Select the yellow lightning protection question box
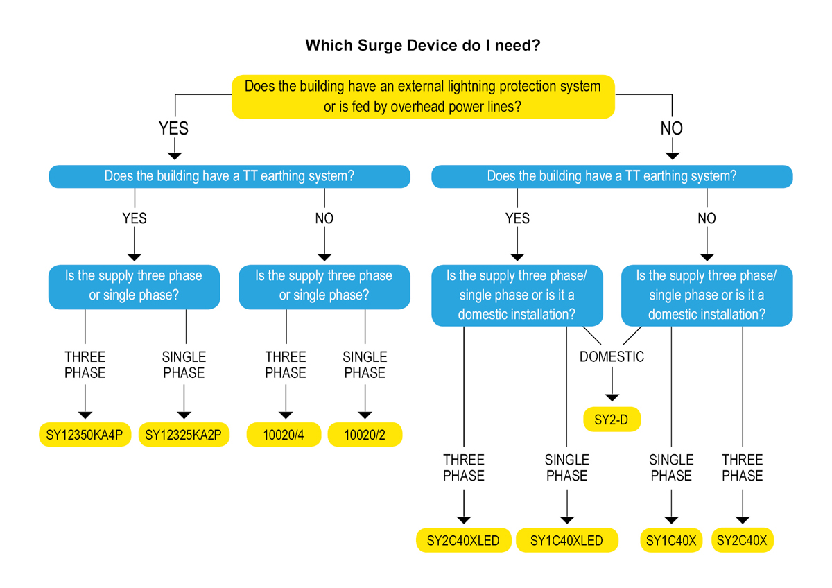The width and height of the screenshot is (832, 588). tap(423, 96)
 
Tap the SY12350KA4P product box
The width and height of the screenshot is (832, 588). tap(85, 435)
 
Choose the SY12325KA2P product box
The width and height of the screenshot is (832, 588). tap(184, 435)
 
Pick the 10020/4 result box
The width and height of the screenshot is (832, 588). tap(284, 435)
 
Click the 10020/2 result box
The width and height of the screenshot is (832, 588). tap(365, 435)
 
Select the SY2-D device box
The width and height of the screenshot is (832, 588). tap(612, 420)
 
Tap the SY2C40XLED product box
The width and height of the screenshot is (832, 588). tap(463, 540)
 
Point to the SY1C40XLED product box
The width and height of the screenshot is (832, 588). tap(566, 540)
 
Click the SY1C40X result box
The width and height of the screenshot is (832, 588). tap(671, 540)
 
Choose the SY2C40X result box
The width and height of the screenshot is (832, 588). tap(742, 540)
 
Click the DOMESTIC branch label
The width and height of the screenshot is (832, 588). tap(612, 356)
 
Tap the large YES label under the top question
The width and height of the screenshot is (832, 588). tap(173, 128)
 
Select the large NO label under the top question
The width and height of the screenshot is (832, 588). tap(671, 128)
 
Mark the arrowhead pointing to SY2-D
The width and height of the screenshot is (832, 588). tap(612, 397)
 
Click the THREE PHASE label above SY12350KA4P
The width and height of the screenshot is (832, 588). tap(85, 365)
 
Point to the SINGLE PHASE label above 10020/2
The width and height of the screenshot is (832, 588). tap(365, 365)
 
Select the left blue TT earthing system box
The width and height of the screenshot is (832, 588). tap(229, 176)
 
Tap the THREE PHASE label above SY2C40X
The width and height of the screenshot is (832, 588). tap(742, 467)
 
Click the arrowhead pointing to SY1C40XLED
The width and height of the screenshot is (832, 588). tap(566, 519)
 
